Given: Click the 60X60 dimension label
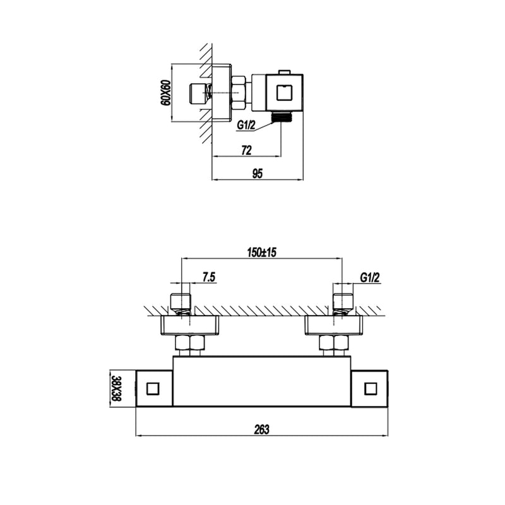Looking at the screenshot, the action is tap(165, 92).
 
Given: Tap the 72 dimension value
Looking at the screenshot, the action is tap(246, 150).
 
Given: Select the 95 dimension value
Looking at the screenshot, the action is tap(258, 174).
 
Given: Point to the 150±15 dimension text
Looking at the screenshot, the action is tap(261, 252).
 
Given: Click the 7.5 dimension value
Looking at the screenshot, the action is tap(209, 277).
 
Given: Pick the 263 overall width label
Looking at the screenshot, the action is tap(261, 429).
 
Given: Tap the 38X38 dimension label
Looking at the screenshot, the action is tap(116, 389).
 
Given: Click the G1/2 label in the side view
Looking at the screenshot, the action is tap(246, 125).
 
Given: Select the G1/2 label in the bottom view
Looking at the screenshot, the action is tap(371, 277).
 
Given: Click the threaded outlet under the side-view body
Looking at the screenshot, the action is tap(282, 117).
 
